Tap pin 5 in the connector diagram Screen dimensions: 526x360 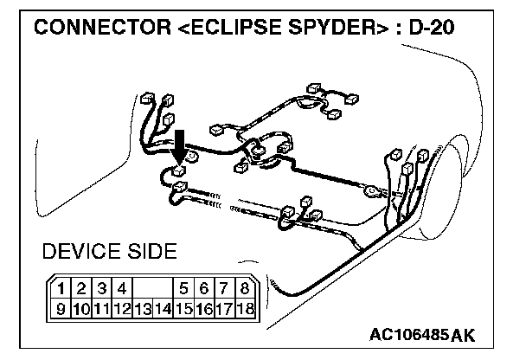click(x=185, y=288)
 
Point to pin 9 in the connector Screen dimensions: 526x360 click(x=61, y=307)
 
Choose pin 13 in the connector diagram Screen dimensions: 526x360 click(x=142, y=307)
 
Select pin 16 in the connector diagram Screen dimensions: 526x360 click(x=204, y=307)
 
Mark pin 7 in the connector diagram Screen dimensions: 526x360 click(x=224, y=288)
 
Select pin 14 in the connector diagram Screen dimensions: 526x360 click(x=163, y=307)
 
